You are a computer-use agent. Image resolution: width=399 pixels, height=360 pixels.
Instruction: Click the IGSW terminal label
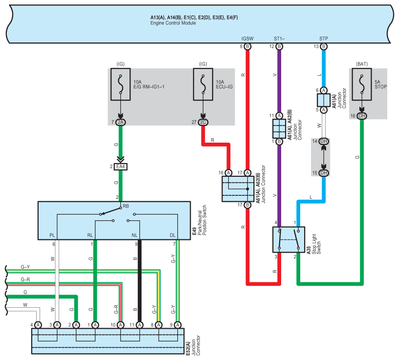point(247,38)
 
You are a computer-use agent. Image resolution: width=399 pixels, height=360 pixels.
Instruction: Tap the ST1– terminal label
point(279,38)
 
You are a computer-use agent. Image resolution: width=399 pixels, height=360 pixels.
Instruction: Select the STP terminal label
point(323,38)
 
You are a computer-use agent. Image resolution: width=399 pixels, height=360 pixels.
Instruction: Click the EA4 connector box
point(120,167)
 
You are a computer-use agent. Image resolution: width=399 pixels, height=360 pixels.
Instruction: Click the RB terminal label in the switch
point(126,206)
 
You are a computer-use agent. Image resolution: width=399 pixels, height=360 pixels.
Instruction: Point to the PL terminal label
point(52,235)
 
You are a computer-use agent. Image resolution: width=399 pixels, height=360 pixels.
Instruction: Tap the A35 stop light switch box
point(288,239)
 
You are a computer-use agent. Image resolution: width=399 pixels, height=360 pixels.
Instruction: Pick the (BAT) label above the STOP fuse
point(361,64)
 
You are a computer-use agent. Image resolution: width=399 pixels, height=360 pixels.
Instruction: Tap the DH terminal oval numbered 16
point(361,115)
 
